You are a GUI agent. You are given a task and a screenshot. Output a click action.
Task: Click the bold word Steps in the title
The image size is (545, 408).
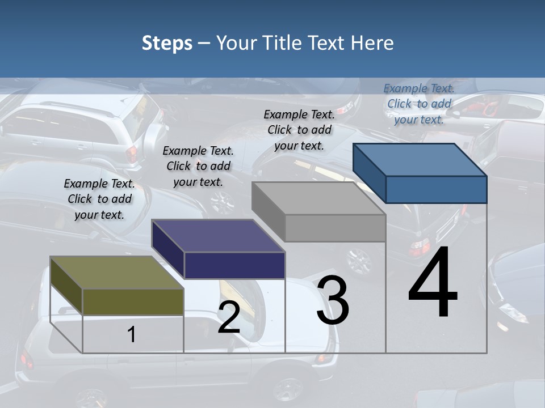[x=167, y=44]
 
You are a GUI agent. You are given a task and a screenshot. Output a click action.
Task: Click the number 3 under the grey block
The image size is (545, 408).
[x=333, y=300]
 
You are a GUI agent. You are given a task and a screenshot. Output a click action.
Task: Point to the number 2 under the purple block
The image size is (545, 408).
[x=229, y=317]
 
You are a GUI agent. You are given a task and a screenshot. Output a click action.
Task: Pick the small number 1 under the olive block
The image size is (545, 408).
[x=132, y=334]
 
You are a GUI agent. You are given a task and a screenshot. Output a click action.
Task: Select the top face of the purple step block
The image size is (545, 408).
[x=218, y=236]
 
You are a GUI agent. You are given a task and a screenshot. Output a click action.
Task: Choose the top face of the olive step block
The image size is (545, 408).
[x=117, y=273]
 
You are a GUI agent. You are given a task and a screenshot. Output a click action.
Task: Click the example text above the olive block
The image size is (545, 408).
[x=99, y=199]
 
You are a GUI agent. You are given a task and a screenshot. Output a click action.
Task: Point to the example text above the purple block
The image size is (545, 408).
[x=198, y=166]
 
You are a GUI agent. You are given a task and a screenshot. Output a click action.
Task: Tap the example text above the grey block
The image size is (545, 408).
[x=299, y=130]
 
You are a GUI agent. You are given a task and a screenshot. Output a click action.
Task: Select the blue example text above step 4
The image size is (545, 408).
[x=419, y=104]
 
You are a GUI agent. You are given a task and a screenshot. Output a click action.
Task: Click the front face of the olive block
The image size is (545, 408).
[x=133, y=301]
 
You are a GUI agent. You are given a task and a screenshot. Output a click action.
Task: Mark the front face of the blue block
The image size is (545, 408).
[x=436, y=189]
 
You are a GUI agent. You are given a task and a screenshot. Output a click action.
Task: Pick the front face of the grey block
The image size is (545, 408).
[x=335, y=228]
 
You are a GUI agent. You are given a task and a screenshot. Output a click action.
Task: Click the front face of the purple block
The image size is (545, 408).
[x=234, y=265]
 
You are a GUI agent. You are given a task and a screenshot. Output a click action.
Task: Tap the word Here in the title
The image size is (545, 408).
[x=372, y=43]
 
